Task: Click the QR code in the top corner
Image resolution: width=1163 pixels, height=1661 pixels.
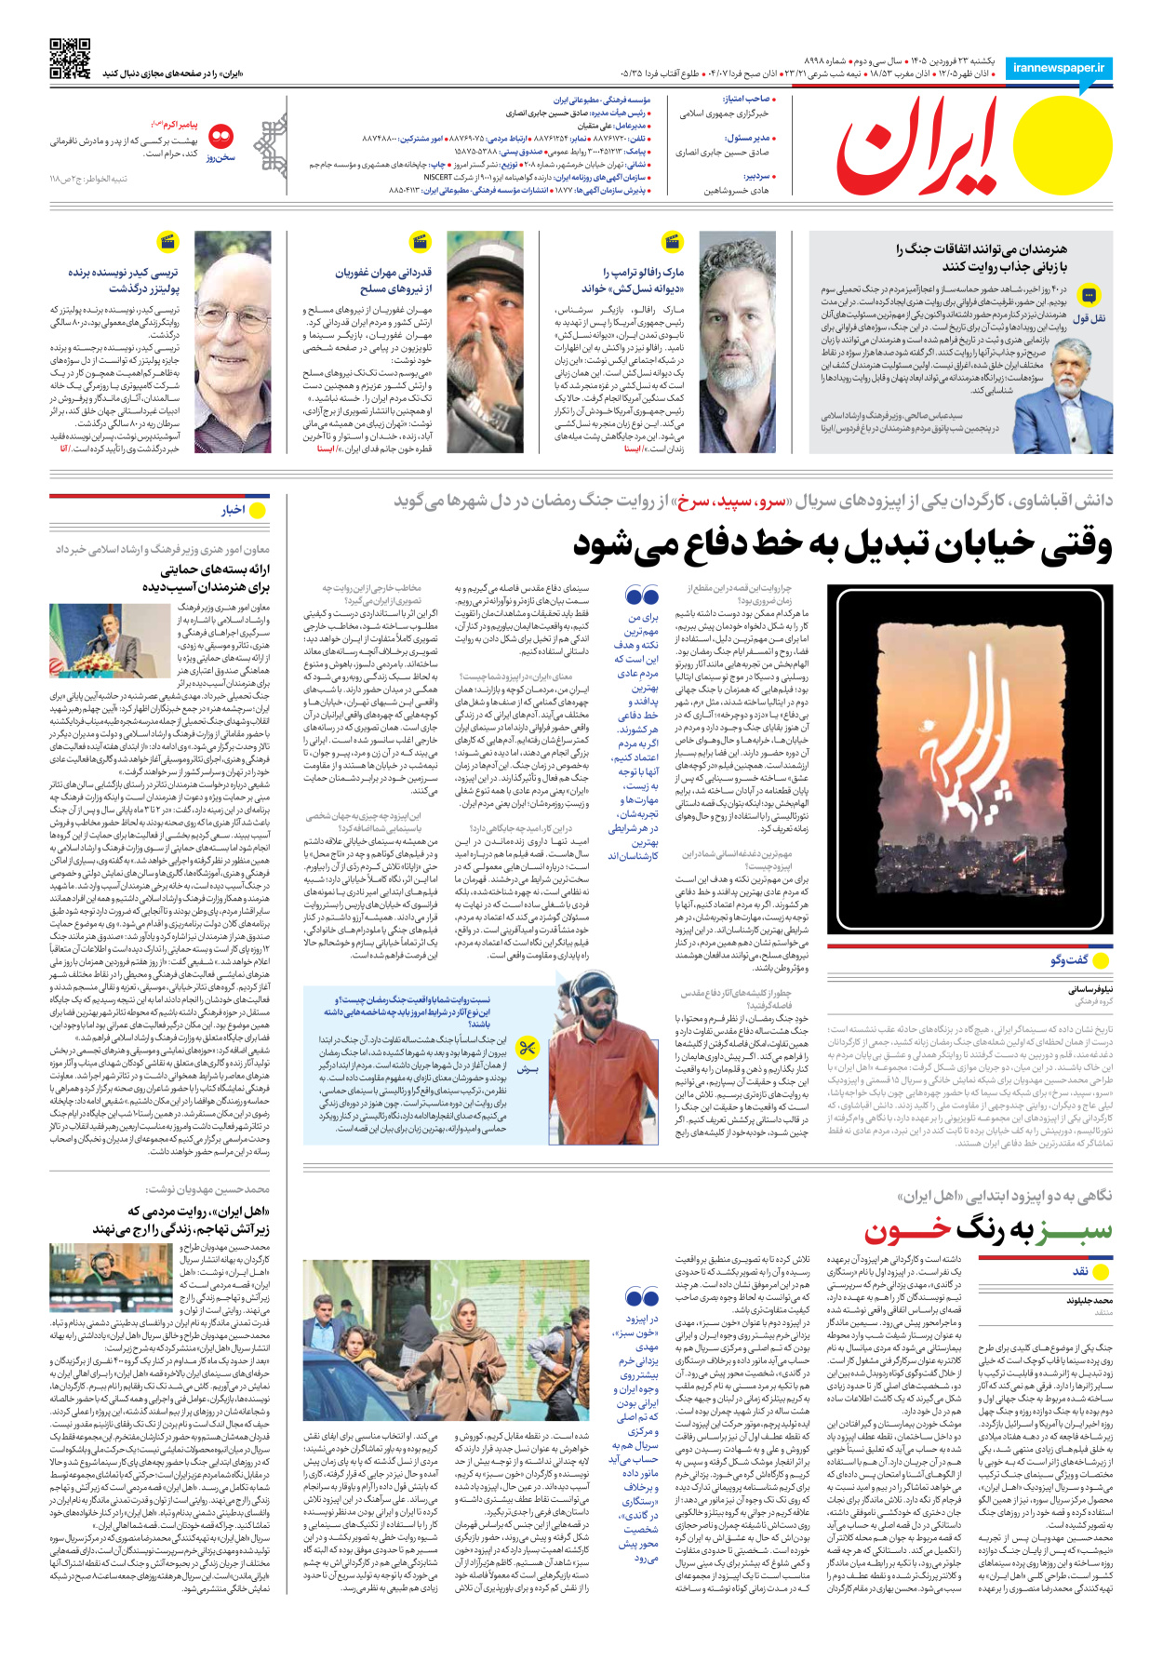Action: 70,59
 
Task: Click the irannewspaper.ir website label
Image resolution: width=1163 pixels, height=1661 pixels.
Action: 1059,68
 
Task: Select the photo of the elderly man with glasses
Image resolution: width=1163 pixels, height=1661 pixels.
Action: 233,342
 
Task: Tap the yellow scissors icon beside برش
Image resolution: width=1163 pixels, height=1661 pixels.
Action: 528,1049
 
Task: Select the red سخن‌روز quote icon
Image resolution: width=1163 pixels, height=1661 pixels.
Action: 221,138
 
